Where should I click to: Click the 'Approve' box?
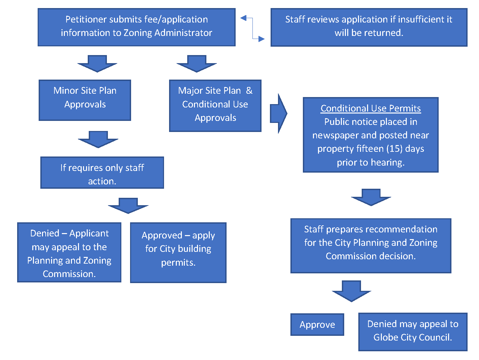click(x=317, y=324)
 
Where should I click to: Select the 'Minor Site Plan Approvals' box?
click(x=85, y=100)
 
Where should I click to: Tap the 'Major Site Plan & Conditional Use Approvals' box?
click(x=215, y=105)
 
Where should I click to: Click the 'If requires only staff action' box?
click(x=102, y=173)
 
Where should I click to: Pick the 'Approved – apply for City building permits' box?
click(x=178, y=252)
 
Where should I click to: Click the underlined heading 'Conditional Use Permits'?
click(x=370, y=108)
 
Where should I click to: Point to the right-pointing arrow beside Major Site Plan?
click(x=278, y=114)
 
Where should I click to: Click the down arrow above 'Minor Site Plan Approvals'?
click(x=97, y=63)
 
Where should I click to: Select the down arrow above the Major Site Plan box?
click(x=197, y=63)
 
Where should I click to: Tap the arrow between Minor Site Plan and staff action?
click(x=98, y=139)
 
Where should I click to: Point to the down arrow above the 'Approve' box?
click(x=351, y=291)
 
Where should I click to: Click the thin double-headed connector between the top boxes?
click(x=252, y=29)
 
